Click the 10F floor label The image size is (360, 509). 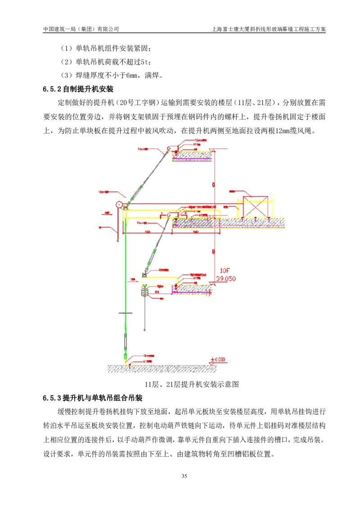point(225,271)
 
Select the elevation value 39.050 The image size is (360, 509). point(225,279)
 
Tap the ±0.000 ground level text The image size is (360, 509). point(218,360)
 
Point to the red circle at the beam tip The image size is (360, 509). point(119,205)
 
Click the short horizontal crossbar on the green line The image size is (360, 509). point(125,313)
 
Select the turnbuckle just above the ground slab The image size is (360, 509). point(126,344)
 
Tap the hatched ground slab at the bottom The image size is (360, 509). point(162,369)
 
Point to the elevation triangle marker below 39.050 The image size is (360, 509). point(211,283)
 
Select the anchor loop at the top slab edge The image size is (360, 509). point(170,148)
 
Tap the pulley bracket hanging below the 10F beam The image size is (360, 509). point(144,292)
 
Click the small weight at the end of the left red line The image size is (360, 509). point(117,241)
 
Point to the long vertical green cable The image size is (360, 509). point(126,270)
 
